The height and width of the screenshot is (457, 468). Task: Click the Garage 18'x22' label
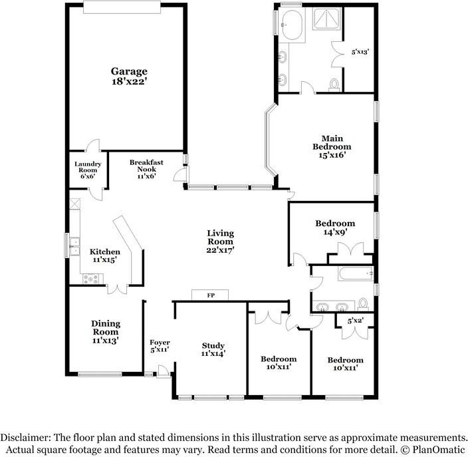click(x=129, y=76)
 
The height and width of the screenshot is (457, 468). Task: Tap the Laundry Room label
click(x=87, y=170)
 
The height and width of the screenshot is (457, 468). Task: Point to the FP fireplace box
click(x=209, y=295)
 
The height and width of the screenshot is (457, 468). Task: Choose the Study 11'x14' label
click(x=213, y=349)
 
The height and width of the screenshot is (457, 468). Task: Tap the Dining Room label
click(x=105, y=332)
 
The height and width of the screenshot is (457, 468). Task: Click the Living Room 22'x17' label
click(x=220, y=241)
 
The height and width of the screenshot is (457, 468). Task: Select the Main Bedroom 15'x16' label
click(x=332, y=146)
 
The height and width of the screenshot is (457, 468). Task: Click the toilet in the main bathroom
click(x=334, y=84)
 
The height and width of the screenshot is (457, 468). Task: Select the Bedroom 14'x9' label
click(x=334, y=228)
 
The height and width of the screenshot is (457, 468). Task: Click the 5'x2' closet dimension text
click(x=356, y=321)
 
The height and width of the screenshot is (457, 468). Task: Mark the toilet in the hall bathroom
click(x=363, y=304)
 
